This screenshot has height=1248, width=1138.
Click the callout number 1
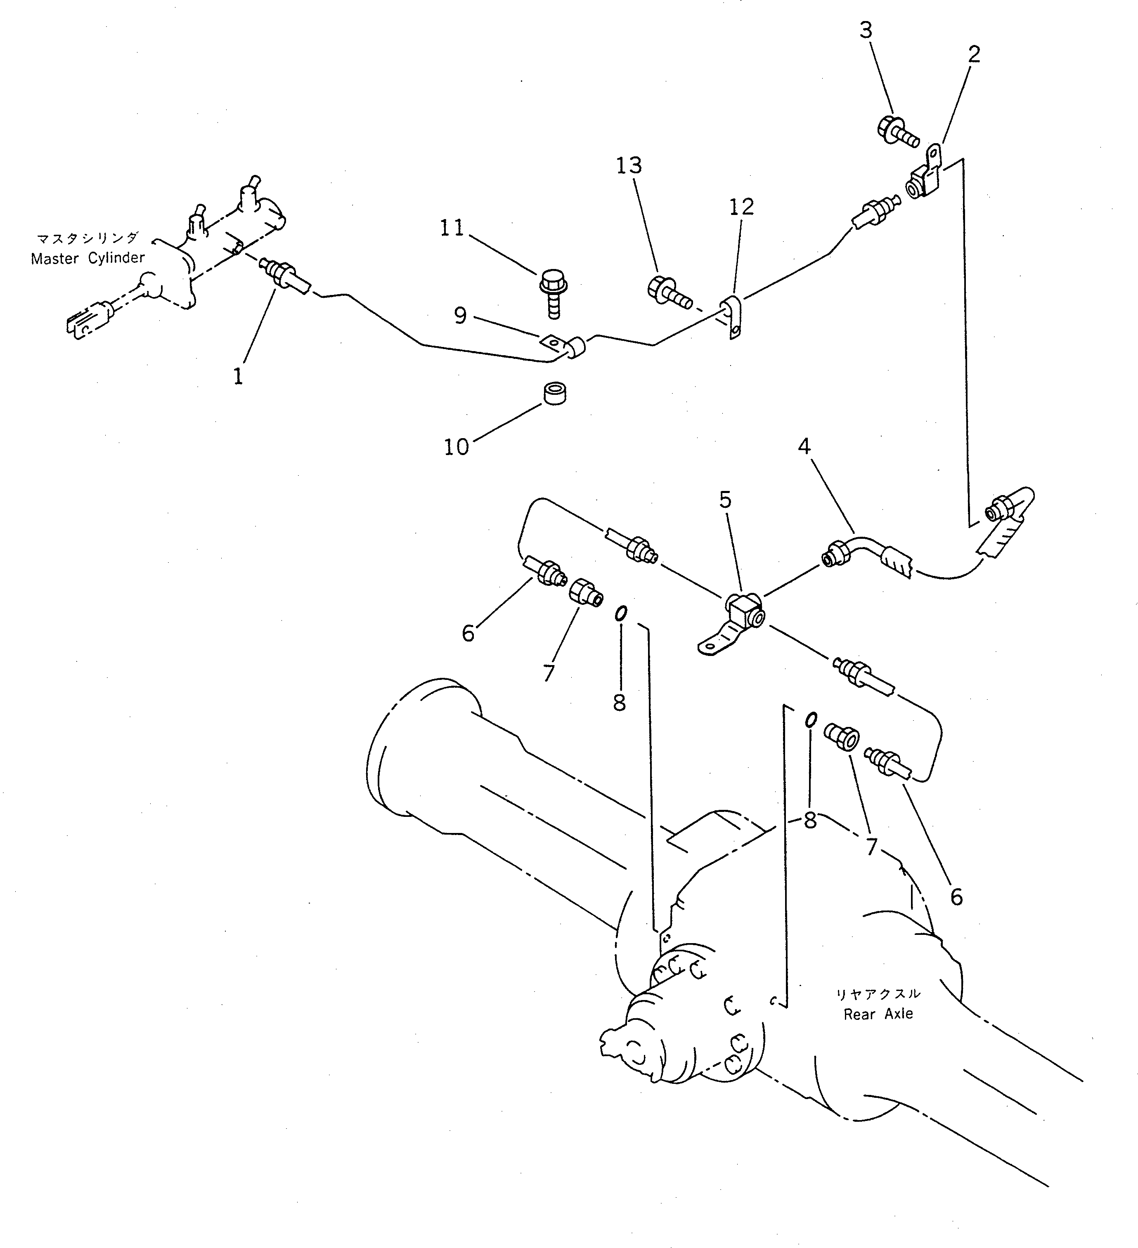(238, 376)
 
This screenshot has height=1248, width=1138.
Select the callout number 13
(629, 165)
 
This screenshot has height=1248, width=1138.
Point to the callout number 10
(456, 447)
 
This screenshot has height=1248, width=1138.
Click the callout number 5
(725, 499)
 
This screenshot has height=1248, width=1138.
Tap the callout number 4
(804, 446)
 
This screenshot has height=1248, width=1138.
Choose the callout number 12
(741, 206)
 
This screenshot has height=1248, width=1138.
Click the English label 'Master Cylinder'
(88, 258)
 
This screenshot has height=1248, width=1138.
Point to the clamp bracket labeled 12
(732, 317)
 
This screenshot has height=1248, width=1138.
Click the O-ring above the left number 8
(620, 613)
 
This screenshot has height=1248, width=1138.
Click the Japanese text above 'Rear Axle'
(878, 994)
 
